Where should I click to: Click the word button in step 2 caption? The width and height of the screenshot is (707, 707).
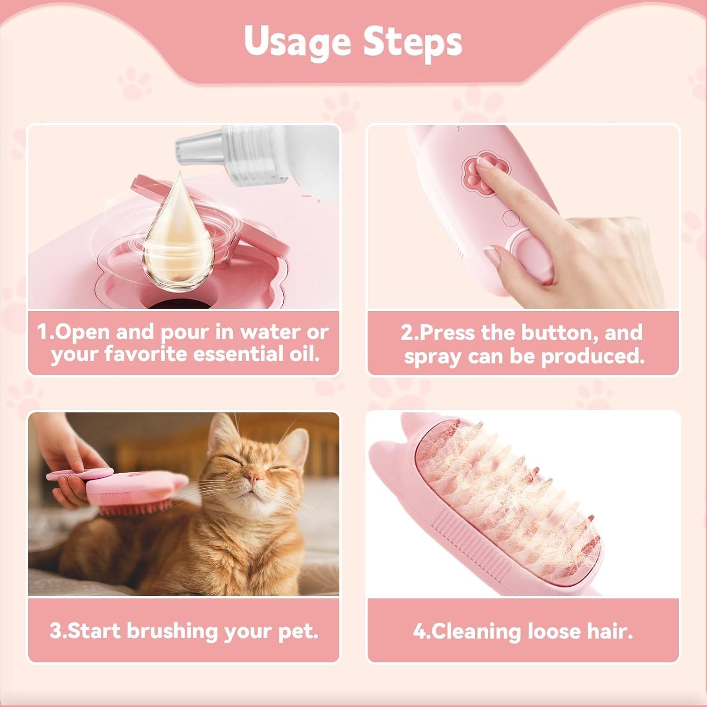[559, 333]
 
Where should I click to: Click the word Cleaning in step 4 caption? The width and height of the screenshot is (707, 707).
[475, 631]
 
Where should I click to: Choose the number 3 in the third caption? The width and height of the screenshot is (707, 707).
[55, 631]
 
